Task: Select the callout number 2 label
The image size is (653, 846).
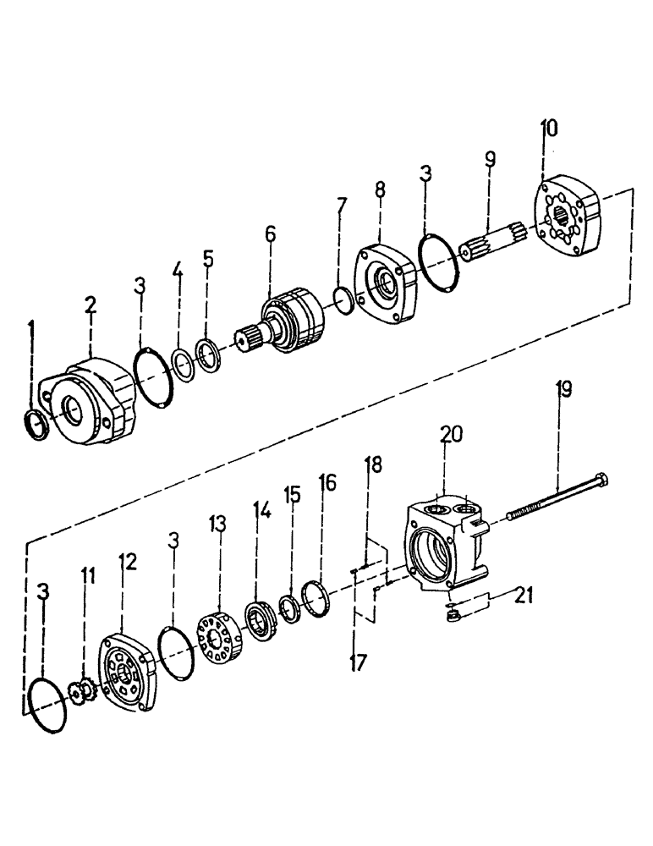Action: point(91,305)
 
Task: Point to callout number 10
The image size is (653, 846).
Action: point(550,129)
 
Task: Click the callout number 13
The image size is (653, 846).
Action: point(218,525)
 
